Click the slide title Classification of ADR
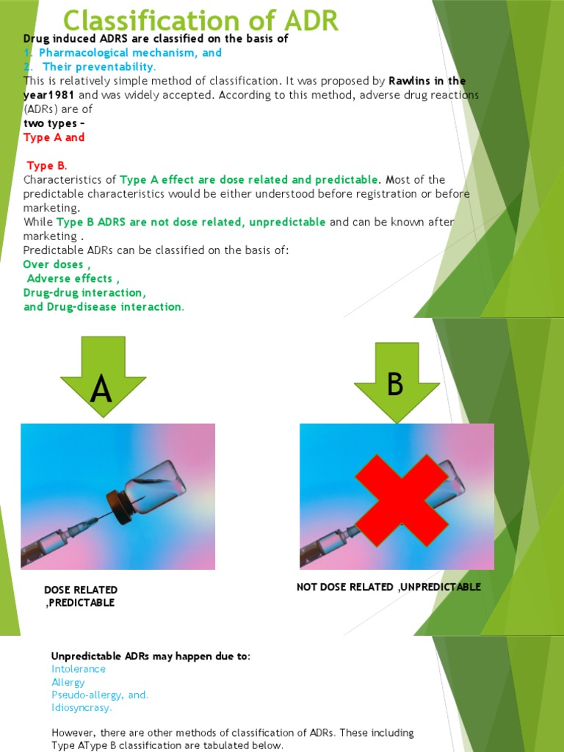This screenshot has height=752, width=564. (x=200, y=21)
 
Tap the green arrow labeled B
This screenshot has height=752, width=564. (x=397, y=382)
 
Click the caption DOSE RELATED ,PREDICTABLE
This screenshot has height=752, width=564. (x=81, y=596)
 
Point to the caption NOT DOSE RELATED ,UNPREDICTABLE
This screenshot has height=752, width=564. (x=388, y=587)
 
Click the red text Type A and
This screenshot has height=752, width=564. (x=54, y=137)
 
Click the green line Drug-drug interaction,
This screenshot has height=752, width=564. (x=84, y=292)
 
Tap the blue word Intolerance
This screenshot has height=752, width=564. (x=79, y=669)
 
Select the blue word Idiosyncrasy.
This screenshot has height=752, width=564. (x=82, y=708)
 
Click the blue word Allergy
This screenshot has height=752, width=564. (x=68, y=682)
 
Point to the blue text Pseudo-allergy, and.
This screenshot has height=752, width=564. (x=100, y=695)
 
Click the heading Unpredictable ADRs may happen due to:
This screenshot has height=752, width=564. (x=151, y=656)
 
